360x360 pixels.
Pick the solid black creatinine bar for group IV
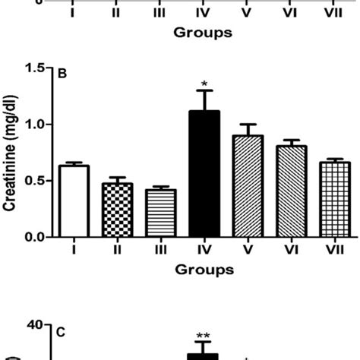[203, 174]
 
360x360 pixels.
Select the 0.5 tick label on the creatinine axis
[34, 181]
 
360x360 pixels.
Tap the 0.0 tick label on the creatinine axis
[34, 237]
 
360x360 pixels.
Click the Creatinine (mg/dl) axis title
[11, 152]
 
